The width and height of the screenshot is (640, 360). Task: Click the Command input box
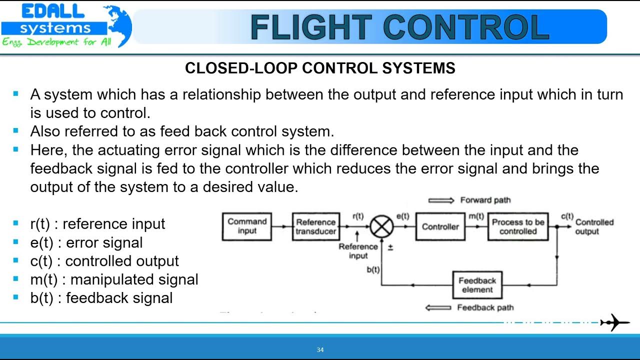tap(247, 226)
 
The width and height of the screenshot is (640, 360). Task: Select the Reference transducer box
tap(315, 226)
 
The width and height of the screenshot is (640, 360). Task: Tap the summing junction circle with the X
tap(381, 227)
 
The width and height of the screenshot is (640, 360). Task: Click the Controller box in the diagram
tap(440, 226)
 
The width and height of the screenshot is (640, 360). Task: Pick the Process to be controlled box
tap(517, 226)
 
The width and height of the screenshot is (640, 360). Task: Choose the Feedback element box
tap(477, 285)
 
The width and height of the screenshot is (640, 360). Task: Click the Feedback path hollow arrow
tap(438, 307)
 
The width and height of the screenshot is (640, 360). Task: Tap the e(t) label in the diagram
tap(402, 216)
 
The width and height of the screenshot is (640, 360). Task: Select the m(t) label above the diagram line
tap(475, 216)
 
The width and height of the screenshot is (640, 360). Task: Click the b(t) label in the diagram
tap(372, 269)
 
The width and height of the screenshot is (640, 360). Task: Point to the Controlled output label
tap(594, 227)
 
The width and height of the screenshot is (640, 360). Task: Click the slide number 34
tap(320, 349)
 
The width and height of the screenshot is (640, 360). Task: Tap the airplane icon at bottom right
tap(615, 322)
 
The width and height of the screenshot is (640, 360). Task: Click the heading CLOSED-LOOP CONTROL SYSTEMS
tap(320, 68)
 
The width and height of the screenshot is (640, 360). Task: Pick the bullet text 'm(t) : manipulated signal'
tap(114, 279)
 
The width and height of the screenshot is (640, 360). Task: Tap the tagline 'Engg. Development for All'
tap(56, 42)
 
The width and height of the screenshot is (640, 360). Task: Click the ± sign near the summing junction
tap(390, 247)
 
